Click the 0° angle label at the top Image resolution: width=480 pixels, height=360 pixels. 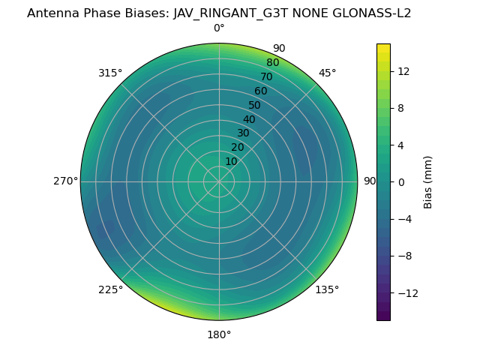219,28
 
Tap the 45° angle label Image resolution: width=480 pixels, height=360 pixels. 328,73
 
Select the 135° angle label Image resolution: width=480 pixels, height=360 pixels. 327,289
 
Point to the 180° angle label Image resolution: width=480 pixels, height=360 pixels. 219,334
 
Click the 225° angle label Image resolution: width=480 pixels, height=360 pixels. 110,289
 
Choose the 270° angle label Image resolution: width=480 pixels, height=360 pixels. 66,181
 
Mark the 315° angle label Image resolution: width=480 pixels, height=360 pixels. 110,73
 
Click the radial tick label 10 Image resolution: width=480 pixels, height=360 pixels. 231,161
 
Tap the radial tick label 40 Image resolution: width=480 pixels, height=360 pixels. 249,119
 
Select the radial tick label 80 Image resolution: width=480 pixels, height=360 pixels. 272,62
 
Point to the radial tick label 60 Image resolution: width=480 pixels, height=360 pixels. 260,91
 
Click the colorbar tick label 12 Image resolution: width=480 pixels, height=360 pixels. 403,71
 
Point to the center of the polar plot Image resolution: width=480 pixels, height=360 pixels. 219,181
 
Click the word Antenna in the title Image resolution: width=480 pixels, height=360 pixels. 51,13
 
